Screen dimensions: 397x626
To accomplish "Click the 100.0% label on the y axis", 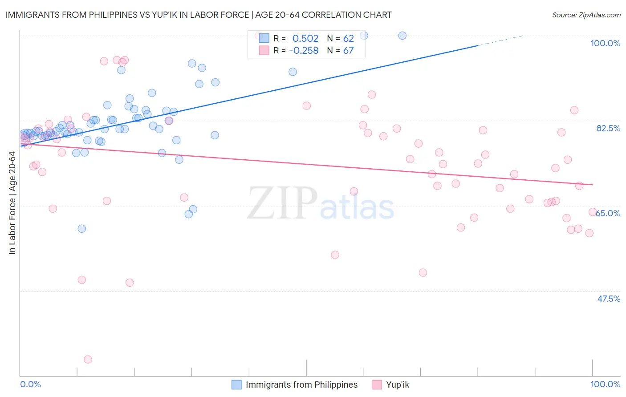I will (x=605, y=43).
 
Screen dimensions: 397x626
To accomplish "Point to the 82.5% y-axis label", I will (x=608, y=128).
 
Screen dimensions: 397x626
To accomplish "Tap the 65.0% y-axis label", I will (x=608, y=213).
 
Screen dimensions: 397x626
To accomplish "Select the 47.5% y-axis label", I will (x=608, y=299).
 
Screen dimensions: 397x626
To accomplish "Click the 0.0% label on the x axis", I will (x=30, y=384).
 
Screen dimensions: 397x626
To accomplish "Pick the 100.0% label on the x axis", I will (x=605, y=384).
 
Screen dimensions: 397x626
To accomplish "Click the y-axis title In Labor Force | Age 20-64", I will (x=12, y=203).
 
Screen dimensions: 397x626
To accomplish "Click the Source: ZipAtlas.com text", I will (x=586, y=15).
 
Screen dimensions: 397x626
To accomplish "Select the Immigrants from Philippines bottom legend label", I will (x=301, y=385).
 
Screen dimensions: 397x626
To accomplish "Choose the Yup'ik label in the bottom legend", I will (x=397, y=385).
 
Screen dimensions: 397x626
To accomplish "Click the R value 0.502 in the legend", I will (x=305, y=39).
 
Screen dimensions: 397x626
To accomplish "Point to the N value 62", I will (x=348, y=39).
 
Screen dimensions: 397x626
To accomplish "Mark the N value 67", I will (x=348, y=51).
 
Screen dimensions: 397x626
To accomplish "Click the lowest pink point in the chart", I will (x=88, y=359).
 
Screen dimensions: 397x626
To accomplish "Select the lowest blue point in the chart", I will (x=81, y=228).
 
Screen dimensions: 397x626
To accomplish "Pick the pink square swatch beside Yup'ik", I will (x=377, y=385).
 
